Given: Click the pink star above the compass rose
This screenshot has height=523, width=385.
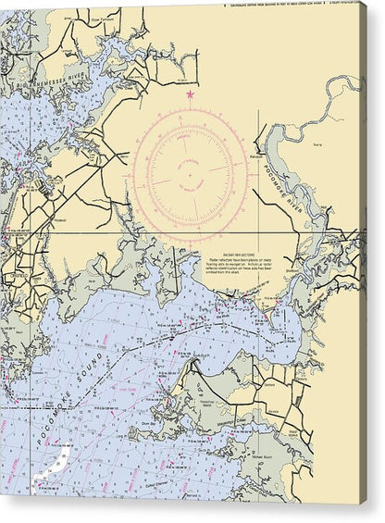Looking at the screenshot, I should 190,94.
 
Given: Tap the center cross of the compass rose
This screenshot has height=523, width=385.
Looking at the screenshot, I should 190,172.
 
